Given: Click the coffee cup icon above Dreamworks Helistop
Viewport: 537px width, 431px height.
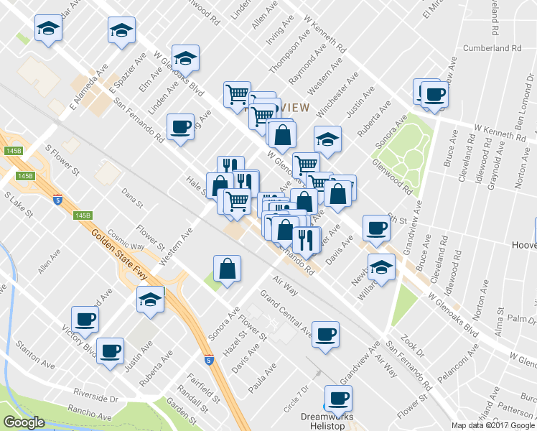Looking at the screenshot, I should point(337,397).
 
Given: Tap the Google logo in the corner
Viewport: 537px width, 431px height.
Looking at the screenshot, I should point(24,422).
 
